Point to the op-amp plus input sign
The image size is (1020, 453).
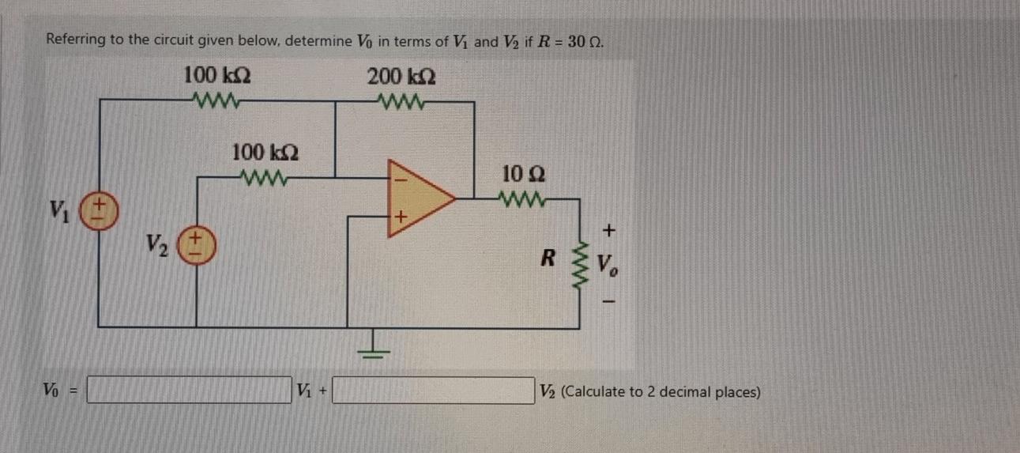[x=400, y=216]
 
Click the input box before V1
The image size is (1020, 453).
[x=189, y=391]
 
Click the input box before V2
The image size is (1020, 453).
[x=433, y=391]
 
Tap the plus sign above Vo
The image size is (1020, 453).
[x=608, y=231]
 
